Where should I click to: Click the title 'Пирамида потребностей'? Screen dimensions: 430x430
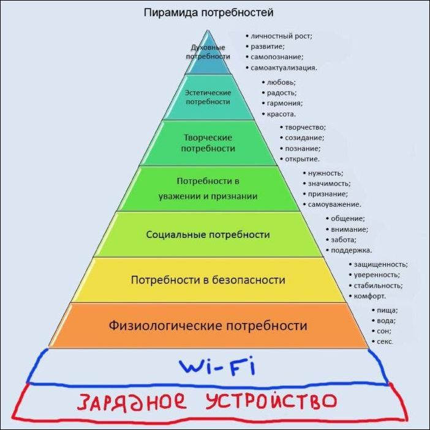pos(208,12)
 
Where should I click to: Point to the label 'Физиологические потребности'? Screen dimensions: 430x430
pos(208,325)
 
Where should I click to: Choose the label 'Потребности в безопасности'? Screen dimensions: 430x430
pos(208,280)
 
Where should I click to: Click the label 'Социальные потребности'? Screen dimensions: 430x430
pos(208,234)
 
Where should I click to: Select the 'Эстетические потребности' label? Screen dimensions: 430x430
pos(208,97)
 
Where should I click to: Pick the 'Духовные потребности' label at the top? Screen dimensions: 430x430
pos(208,51)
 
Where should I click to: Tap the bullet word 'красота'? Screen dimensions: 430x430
pos(281,114)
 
